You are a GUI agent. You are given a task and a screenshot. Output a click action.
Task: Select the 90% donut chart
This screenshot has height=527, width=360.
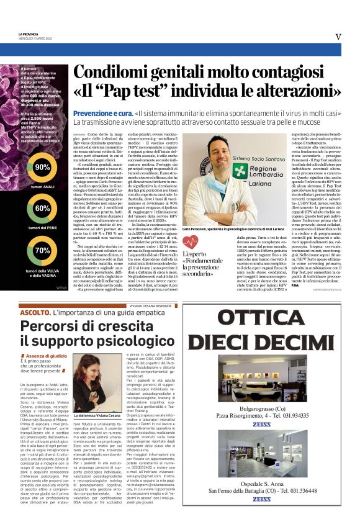coord(42,168)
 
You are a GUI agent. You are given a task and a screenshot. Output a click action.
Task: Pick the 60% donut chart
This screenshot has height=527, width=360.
coord(42,209)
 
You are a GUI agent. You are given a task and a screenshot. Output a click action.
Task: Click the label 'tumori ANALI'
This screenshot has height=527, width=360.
coord(42,187)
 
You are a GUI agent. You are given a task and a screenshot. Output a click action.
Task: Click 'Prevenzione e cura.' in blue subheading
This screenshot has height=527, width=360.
coord(102,114)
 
